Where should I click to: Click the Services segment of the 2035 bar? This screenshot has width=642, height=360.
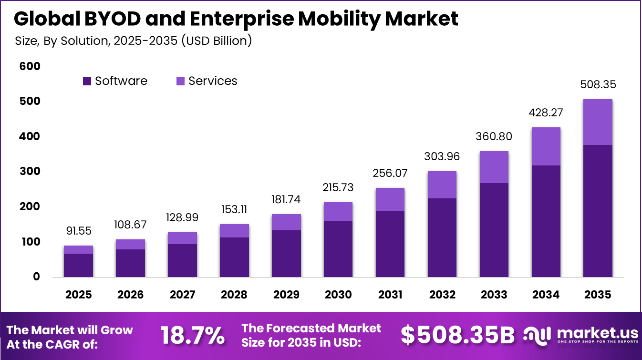pyautogui.click(x=598, y=122)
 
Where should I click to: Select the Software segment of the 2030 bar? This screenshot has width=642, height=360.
pyautogui.click(x=338, y=249)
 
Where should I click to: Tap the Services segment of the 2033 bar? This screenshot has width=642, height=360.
pyautogui.click(x=494, y=167)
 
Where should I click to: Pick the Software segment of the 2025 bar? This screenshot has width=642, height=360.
pyautogui.click(x=78, y=265)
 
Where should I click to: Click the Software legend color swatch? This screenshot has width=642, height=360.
pyautogui.click(x=87, y=82)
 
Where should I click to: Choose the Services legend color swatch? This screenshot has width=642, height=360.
pyautogui.click(x=180, y=82)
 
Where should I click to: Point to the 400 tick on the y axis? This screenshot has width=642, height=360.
pyautogui.click(x=30, y=136)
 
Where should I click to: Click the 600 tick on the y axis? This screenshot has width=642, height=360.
pyautogui.click(x=30, y=66)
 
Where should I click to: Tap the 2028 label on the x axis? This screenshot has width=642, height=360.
pyautogui.click(x=234, y=295)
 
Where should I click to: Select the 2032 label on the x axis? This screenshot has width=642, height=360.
pyautogui.click(x=442, y=295)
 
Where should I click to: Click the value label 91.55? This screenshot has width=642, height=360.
pyautogui.click(x=78, y=231)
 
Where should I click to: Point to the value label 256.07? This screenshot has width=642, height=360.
pyautogui.click(x=390, y=173)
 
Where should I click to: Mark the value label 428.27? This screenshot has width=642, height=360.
pyautogui.click(x=546, y=113)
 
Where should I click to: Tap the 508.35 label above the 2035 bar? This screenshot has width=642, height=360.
pyautogui.click(x=598, y=84)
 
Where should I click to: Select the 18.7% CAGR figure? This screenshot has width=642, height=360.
pyautogui.click(x=193, y=336)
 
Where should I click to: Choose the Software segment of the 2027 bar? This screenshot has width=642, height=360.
pyautogui.click(x=182, y=260)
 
